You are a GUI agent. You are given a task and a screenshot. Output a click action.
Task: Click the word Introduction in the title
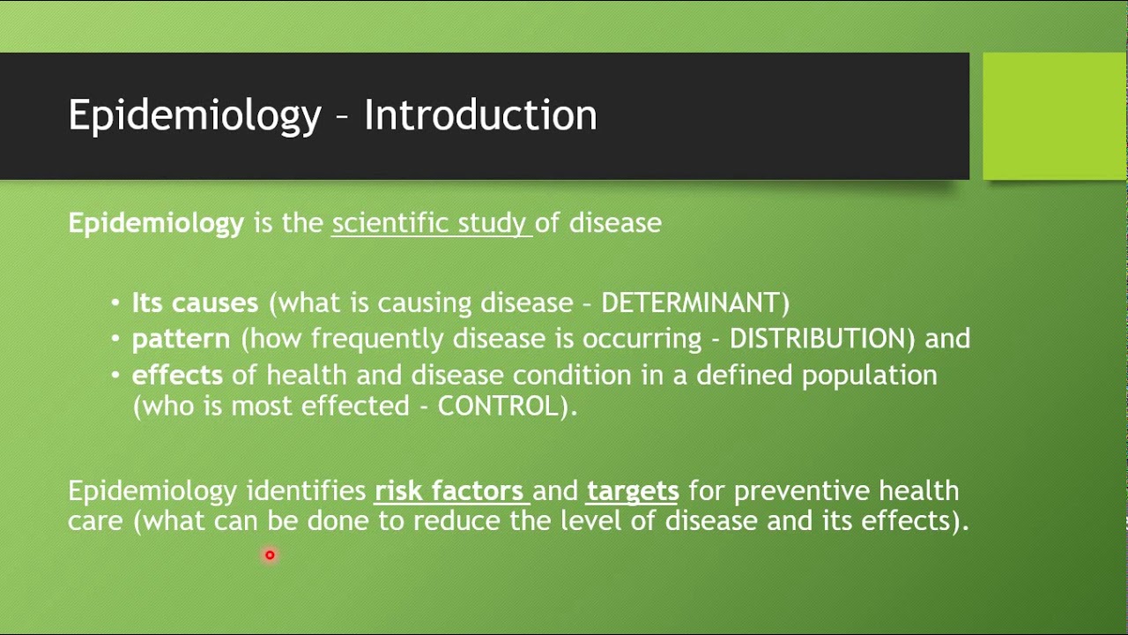(x=480, y=116)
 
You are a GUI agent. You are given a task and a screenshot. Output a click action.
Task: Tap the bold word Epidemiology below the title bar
(x=156, y=223)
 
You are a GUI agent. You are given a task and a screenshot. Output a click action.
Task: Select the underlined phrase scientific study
(x=430, y=223)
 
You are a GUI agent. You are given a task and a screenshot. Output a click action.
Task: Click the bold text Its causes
(x=195, y=303)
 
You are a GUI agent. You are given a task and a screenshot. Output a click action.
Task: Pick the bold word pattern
(x=181, y=339)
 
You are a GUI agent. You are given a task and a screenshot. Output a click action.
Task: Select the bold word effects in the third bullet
(x=177, y=375)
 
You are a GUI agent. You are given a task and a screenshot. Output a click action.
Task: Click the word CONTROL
(x=498, y=407)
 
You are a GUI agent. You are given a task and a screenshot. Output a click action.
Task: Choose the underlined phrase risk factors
(x=450, y=490)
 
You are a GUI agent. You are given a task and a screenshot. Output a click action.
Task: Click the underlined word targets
(x=632, y=490)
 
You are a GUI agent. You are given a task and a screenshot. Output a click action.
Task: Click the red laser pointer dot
(x=270, y=555)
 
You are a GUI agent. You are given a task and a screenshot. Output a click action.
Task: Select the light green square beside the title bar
(x=1055, y=116)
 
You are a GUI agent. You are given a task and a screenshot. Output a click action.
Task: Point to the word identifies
(x=306, y=490)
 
